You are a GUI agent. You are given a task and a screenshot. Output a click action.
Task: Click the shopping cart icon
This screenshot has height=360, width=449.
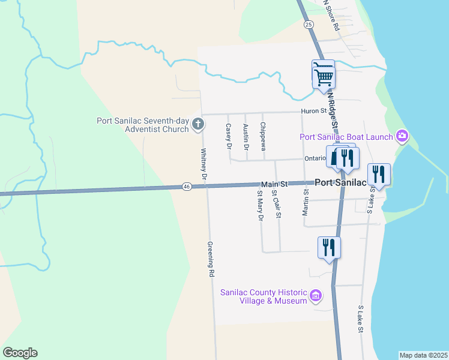click(x=323, y=74)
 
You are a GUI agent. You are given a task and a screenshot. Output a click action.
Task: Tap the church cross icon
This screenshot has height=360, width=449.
click(x=198, y=125)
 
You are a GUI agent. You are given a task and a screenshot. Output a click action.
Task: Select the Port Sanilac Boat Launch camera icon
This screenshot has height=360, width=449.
click(x=402, y=136)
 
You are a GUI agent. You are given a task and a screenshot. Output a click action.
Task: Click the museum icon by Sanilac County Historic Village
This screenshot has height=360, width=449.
click(x=316, y=295)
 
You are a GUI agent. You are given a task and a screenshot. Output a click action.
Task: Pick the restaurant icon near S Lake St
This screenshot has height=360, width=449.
click(x=379, y=175)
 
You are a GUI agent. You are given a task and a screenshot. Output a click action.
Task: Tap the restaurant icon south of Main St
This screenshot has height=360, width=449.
click(x=329, y=247)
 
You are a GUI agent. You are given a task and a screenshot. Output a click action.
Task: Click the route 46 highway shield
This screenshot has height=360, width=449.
click(x=187, y=187)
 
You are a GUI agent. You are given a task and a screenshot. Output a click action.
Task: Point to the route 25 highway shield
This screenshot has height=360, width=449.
click(x=309, y=24)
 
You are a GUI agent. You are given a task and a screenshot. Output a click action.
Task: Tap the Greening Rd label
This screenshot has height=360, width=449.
click(x=211, y=259)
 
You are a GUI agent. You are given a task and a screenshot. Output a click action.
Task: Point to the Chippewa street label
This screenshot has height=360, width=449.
click(x=263, y=137)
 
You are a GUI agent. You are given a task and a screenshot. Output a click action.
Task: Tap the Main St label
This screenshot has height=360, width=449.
click(x=274, y=184)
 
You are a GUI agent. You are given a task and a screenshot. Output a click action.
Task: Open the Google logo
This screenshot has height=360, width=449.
click(x=20, y=353)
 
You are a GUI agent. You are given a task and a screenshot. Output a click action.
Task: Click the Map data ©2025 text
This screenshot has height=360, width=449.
click(x=423, y=355)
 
